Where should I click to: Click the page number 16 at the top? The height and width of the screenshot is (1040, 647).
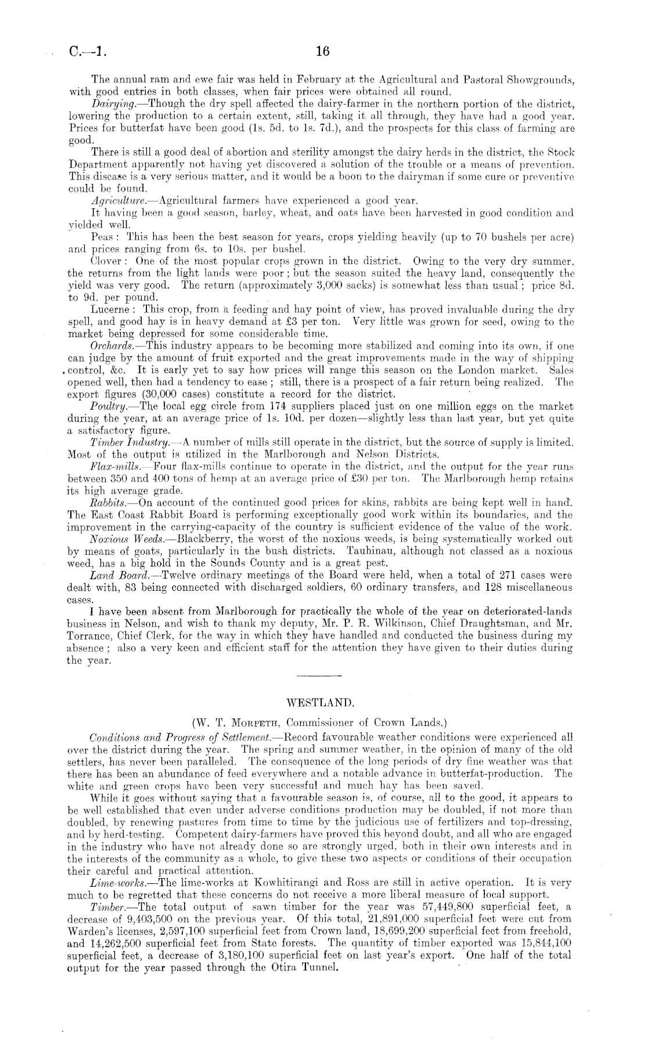tap(322, 52)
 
